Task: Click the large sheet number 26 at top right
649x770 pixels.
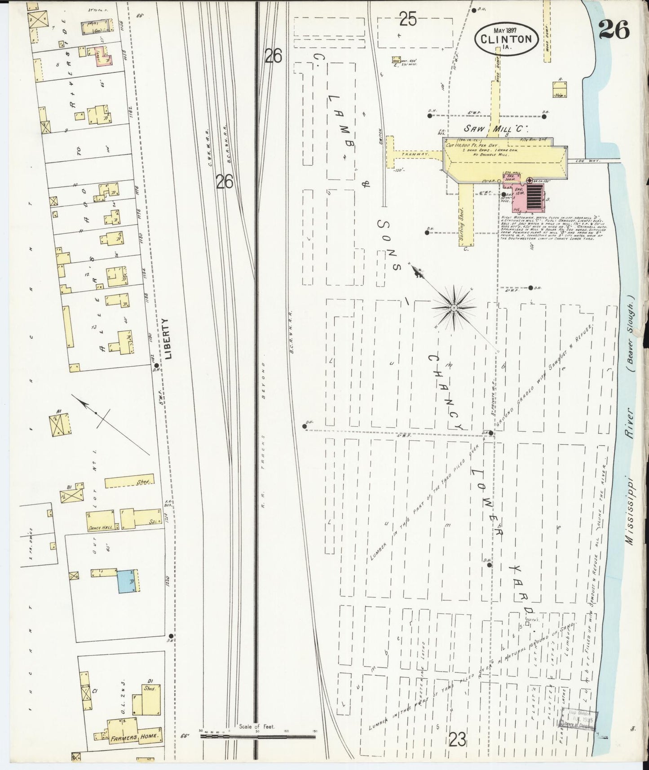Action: pos(614,30)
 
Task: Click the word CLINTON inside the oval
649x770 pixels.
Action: pos(505,39)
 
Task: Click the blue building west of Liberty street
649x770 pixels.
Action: pos(126,581)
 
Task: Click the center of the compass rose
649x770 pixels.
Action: pos(454,307)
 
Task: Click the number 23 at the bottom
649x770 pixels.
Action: pos(457,739)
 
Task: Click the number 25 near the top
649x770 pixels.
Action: pos(408,19)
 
